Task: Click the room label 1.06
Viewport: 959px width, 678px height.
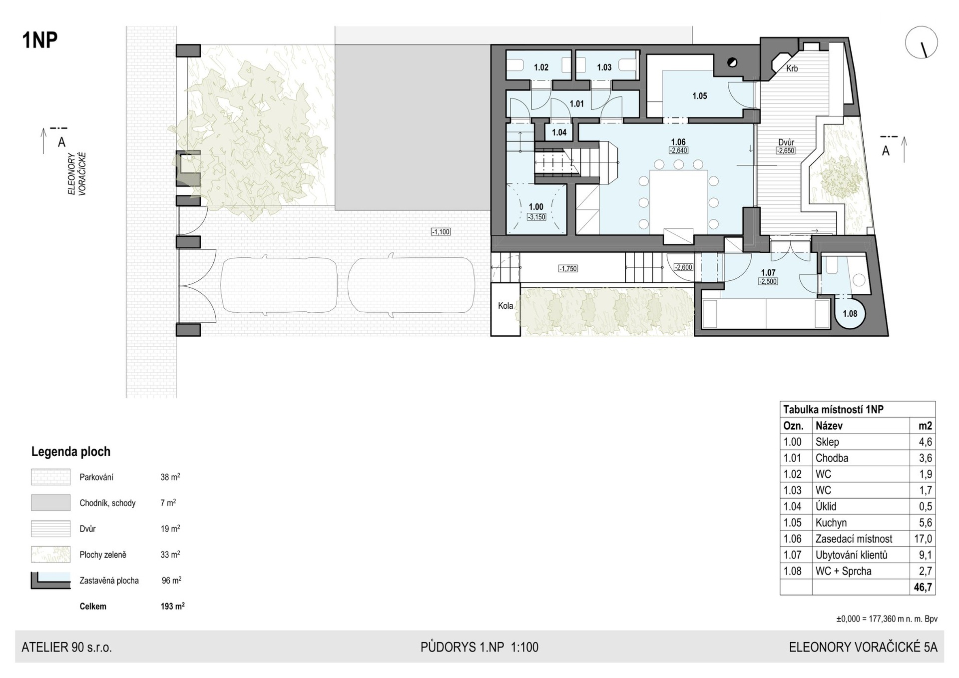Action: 678,142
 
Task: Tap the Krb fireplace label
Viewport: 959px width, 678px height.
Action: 792,68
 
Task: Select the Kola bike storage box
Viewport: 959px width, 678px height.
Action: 505,309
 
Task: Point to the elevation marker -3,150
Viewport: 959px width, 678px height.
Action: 536,217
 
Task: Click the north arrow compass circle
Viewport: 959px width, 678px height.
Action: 921,42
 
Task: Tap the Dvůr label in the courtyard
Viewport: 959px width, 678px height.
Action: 786,142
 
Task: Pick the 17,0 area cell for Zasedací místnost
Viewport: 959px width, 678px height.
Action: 923,539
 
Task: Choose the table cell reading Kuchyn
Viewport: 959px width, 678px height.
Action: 831,523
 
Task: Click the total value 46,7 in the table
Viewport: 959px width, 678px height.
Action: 923,588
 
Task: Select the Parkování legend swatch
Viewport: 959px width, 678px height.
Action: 50,477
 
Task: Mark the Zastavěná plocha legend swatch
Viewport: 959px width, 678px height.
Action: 50,581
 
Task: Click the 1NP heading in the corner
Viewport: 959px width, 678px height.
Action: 40,40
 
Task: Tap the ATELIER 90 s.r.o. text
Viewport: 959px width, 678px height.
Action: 67,648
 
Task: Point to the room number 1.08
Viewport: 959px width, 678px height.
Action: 850,314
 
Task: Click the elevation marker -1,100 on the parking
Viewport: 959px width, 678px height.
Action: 441,232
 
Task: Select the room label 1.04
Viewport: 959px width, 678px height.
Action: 559,132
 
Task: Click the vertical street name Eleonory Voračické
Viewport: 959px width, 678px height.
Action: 77,174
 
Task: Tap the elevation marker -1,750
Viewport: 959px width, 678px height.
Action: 568,269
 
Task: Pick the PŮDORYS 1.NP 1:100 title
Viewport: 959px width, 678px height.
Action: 479,648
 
